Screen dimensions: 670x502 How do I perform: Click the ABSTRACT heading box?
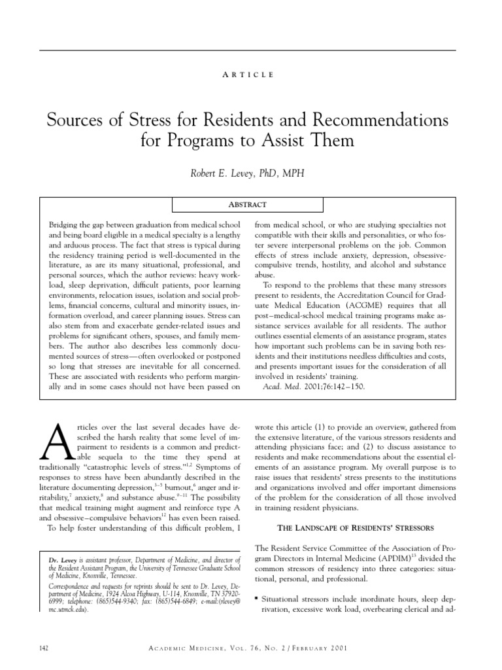point(247,204)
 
